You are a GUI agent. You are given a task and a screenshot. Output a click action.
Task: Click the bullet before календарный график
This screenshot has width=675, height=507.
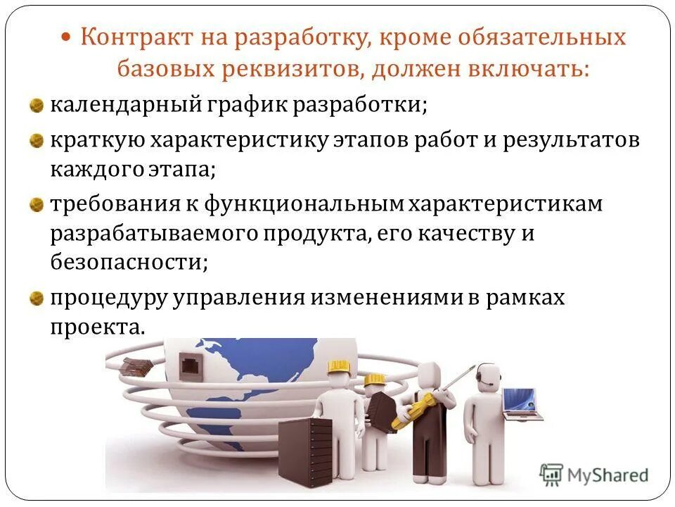pos(36,106)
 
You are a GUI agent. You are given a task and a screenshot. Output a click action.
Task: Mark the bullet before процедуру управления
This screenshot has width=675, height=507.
pos(36,297)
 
